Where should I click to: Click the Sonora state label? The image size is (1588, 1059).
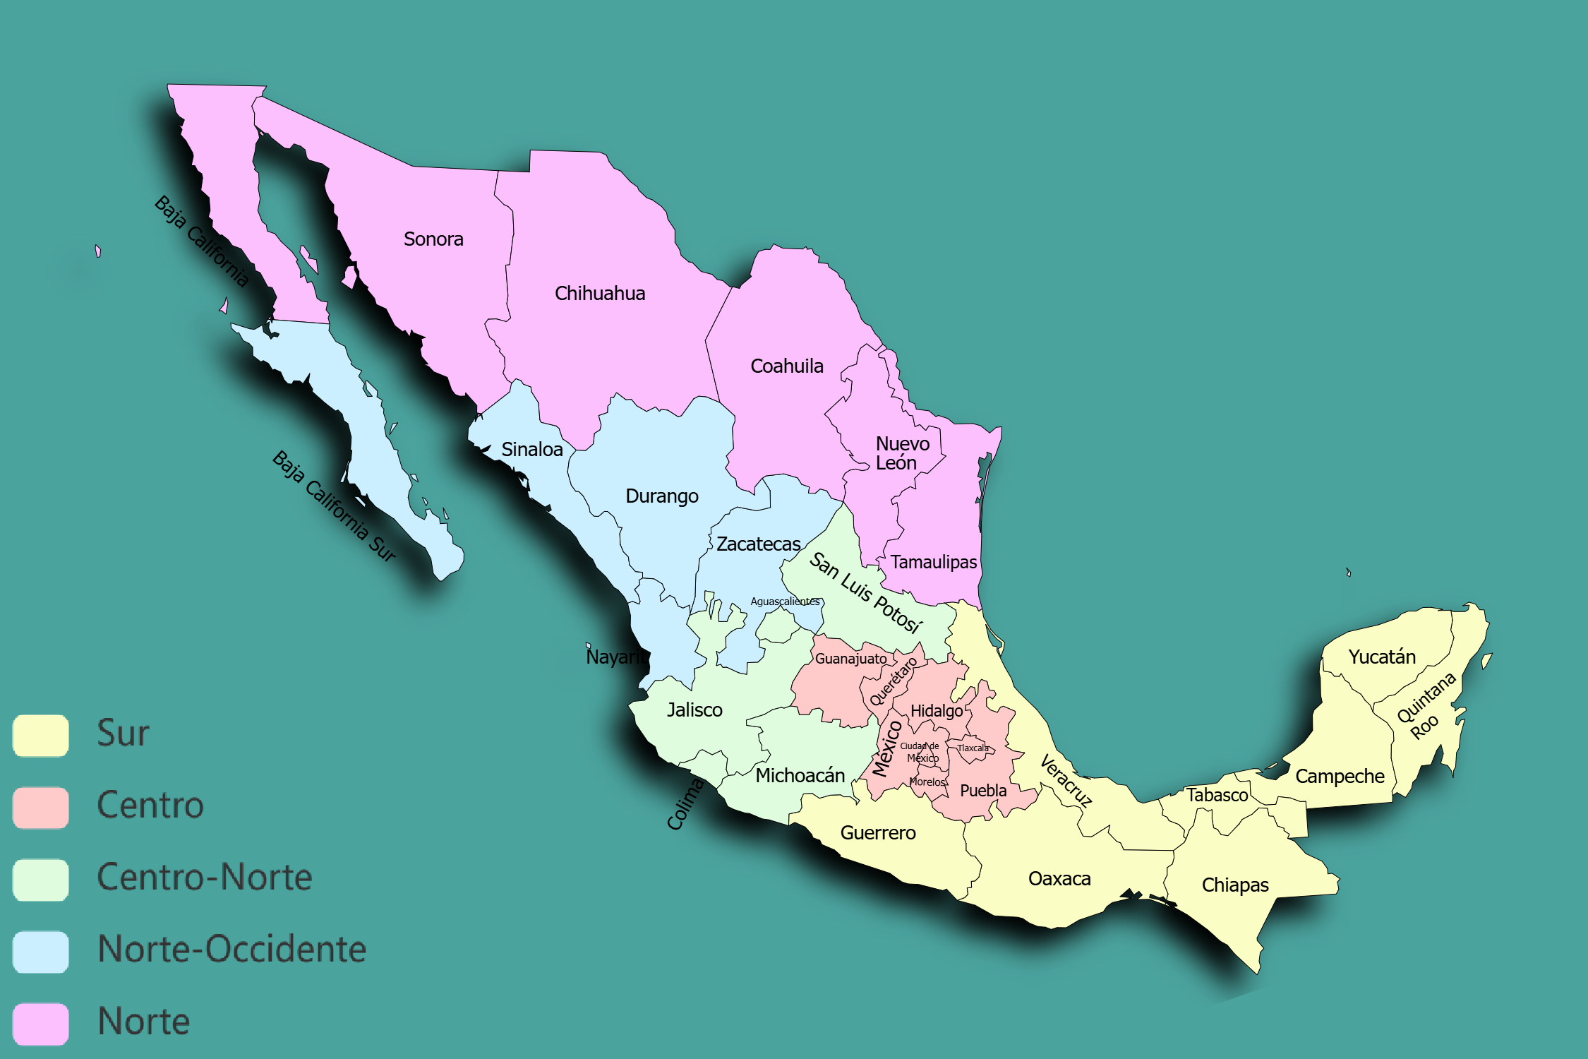pyautogui.click(x=433, y=239)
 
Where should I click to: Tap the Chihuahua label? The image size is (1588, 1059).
pyautogui.click(x=600, y=294)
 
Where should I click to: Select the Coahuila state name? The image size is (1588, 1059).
pyautogui.click(x=787, y=366)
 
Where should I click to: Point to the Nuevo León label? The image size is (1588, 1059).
pyautogui.click(x=901, y=453)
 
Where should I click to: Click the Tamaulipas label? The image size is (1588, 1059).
pyautogui.click(x=933, y=563)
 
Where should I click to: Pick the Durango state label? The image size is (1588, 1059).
pyautogui.click(x=662, y=496)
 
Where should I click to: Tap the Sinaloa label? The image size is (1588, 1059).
pyautogui.click(x=532, y=450)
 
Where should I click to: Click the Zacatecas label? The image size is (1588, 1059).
pyautogui.click(x=759, y=544)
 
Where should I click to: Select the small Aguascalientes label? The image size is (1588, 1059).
pyautogui.click(x=785, y=602)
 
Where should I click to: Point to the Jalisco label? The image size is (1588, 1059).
pyautogui.click(x=694, y=710)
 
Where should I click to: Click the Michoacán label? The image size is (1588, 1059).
pyautogui.click(x=800, y=776)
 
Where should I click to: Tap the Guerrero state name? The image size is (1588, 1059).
pyautogui.click(x=878, y=833)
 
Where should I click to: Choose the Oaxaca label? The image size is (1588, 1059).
pyautogui.click(x=1059, y=879)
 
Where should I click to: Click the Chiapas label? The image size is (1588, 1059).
pyautogui.click(x=1235, y=885)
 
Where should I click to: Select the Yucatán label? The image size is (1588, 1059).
pyautogui.click(x=1382, y=657)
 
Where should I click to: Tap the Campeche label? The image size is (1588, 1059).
pyautogui.click(x=1340, y=777)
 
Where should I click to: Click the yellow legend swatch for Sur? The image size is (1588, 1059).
pyautogui.click(x=41, y=736)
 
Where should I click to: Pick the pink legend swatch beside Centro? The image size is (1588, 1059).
pyautogui.click(x=41, y=808)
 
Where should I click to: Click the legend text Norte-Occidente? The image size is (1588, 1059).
pyautogui.click(x=232, y=950)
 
